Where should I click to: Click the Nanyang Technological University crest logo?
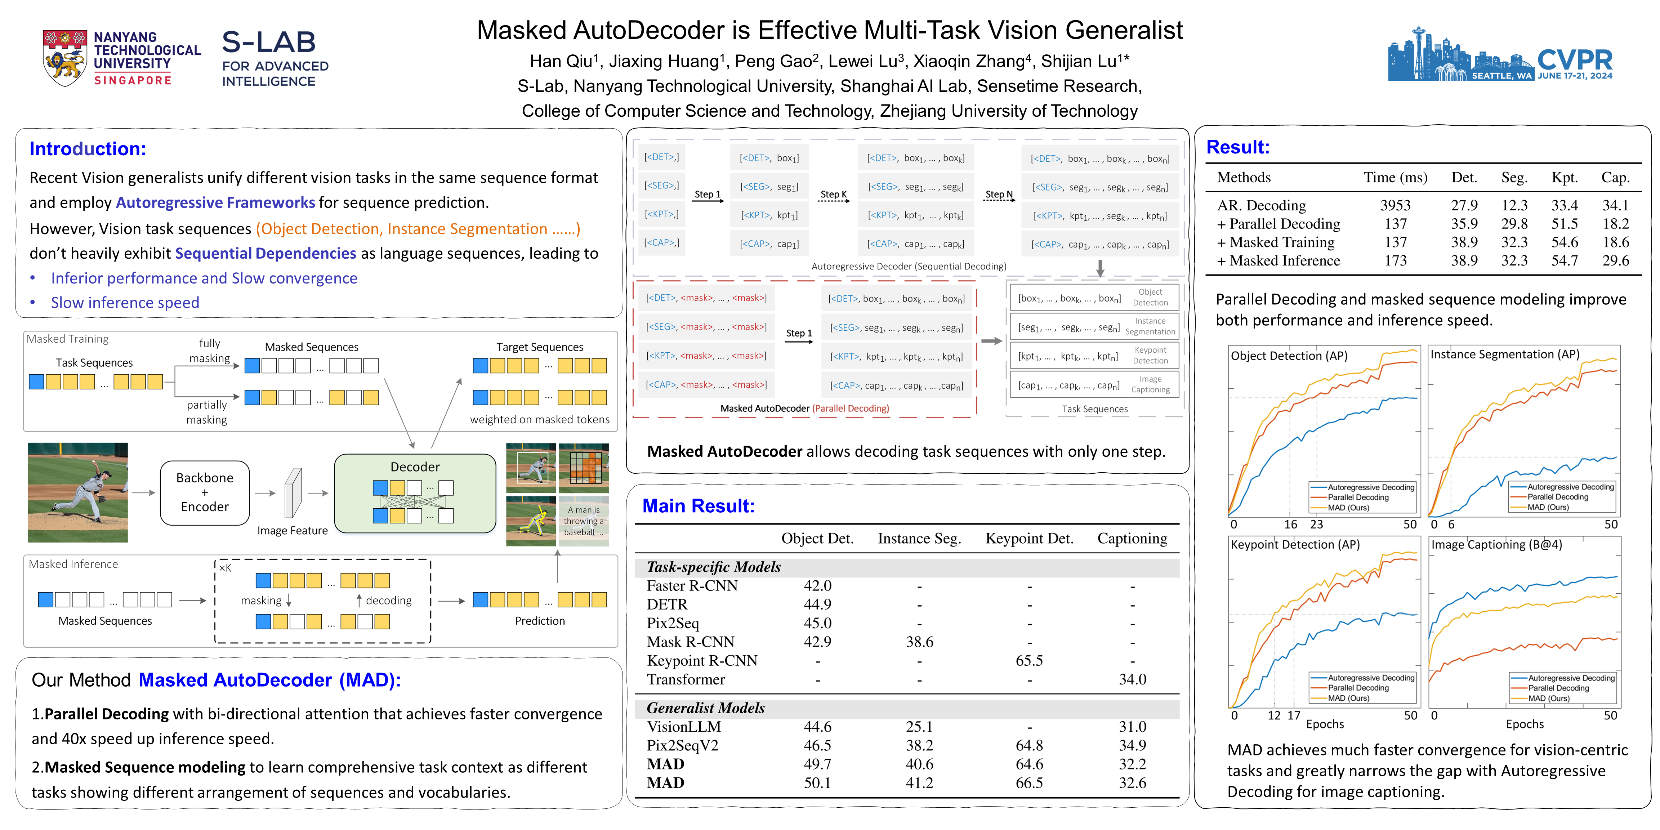point(64,58)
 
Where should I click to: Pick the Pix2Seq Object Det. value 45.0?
point(817,623)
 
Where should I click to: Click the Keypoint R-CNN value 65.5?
point(1029,661)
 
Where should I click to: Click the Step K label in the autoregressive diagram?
point(833,194)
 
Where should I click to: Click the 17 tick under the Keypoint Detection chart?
point(1294,715)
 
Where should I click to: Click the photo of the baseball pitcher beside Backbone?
point(78,492)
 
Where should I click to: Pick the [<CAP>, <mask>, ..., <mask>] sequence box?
point(706,385)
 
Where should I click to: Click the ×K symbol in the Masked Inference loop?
point(225,568)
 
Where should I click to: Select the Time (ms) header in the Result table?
point(1395,178)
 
